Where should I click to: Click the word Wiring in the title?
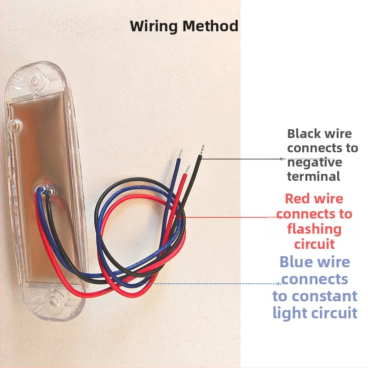154,26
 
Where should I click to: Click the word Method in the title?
211,26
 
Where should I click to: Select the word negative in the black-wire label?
315,162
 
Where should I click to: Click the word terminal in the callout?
314,176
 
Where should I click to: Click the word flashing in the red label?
314,229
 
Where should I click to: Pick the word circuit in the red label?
314,243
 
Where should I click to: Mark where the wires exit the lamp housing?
45,190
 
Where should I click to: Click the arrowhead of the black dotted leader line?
284,159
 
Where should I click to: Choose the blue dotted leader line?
216,283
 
